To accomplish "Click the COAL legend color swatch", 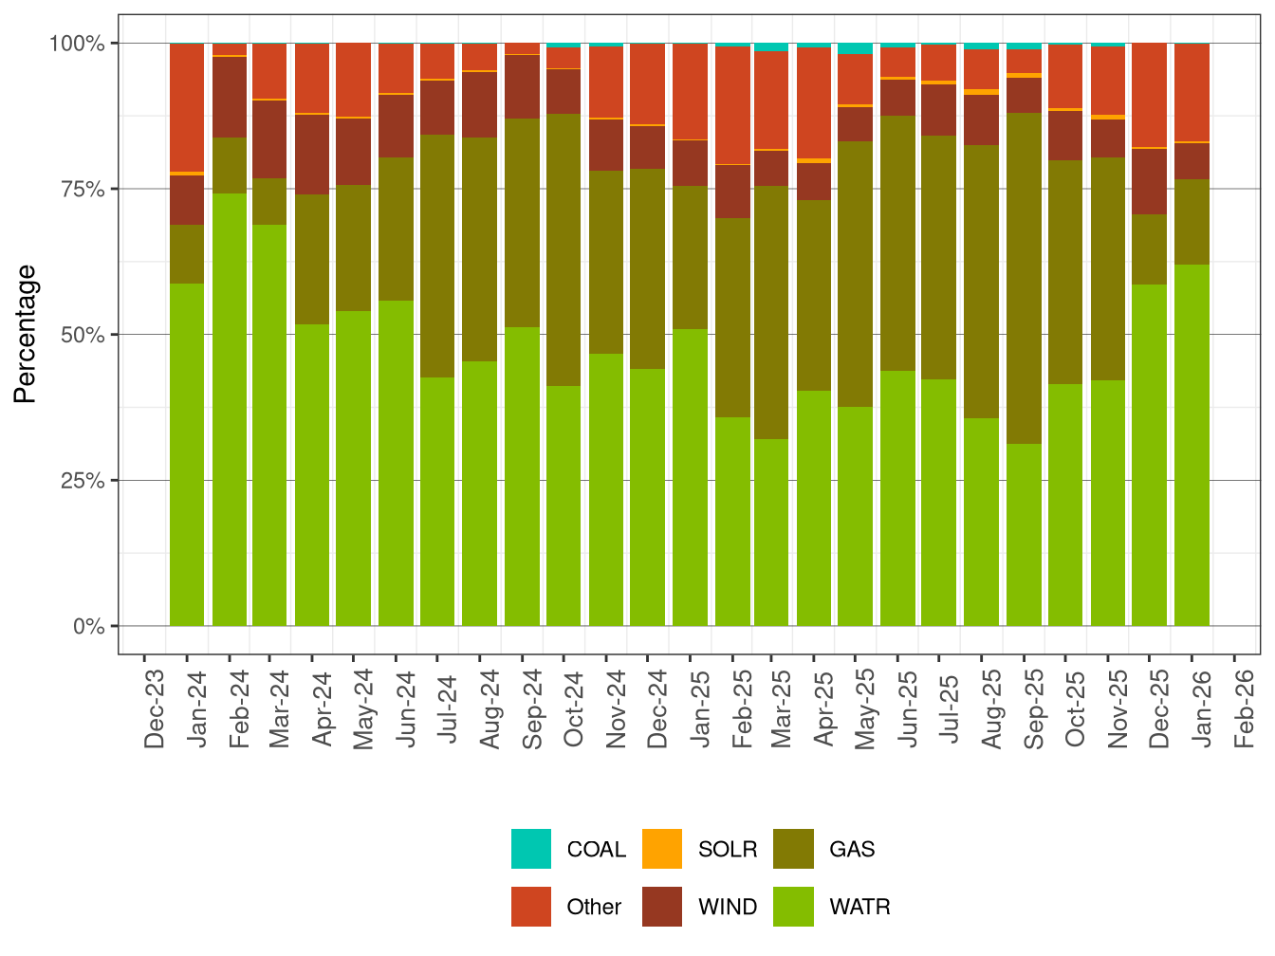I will pyautogui.click(x=530, y=849).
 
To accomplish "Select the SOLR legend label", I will pyautogui.click(x=727, y=850).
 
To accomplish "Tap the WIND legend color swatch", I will pyautogui.click(x=661, y=907).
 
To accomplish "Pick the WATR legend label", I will pyautogui.click(x=859, y=908).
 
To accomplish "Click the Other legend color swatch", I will pyautogui.click(x=530, y=907).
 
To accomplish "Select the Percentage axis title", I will pyautogui.click(x=26, y=334).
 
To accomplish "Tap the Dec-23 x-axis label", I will pyautogui.click(x=155, y=709).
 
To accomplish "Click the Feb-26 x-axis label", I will pyautogui.click(x=1244, y=709).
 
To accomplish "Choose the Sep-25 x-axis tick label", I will pyautogui.click(x=1034, y=709).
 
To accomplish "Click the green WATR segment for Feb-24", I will pyautogui.click(x=229, y=408).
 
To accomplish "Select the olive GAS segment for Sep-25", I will pyautogui.click(x=1024, y=278).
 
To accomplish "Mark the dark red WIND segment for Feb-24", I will pyautogui.click(x=229, y=97).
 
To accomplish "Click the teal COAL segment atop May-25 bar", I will pyautogui.click(x=855, y=48).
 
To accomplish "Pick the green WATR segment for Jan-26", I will pyautogui.click(x=1192, y=446).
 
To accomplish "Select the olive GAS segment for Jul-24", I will pyautogui.click(x=437, y=256).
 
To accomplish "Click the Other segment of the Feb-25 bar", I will pyautogui.click(x=732, y=105).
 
